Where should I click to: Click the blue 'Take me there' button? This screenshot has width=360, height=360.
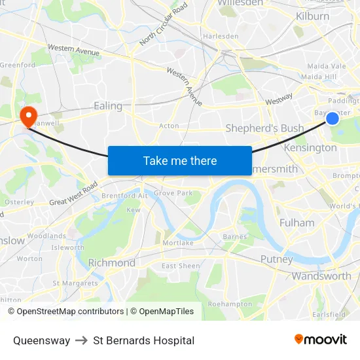[x=180, y=160]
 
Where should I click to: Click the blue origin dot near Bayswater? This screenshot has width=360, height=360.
[x=333, y=118]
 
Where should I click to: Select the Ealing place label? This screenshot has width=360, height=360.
[x=108, y=106]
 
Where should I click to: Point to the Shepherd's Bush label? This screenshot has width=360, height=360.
[x=264, y=128]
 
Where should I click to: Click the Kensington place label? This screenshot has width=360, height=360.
[x=310, y=148]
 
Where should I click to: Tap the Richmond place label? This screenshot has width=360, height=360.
[x=111, y=263]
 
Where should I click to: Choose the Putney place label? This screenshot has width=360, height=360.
[x=276, y=259]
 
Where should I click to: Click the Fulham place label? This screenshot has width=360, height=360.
[x=297, y=223]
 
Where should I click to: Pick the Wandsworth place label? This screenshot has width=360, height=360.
[x=321, y=276]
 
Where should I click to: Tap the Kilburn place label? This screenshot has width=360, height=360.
[x=312, y=16]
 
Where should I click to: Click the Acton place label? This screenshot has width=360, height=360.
[x=169, y=126]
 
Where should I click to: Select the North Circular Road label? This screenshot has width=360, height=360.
[x=163, y=24]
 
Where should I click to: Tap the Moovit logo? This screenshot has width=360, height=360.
[x=320, y=340]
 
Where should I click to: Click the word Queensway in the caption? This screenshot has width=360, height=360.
[x=41, y=340]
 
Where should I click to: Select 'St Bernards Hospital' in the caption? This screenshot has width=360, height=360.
[x=143, y=340]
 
